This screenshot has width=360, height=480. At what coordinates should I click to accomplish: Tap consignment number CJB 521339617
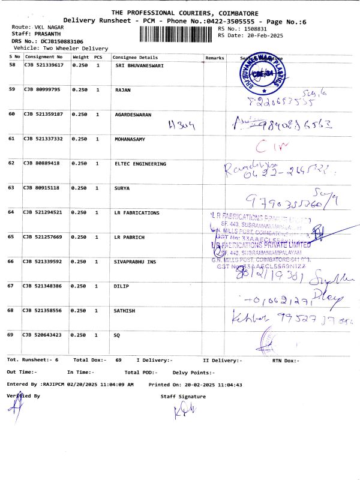point(43,65)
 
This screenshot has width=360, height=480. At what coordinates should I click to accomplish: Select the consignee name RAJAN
point(123,89)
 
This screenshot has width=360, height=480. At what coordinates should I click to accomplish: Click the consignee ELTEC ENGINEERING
point(140,163)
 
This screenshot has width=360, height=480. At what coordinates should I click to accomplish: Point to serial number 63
point(12,188)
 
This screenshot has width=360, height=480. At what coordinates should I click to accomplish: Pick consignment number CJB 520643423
point(43,335)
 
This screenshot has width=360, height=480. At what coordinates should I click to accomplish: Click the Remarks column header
point(214,57)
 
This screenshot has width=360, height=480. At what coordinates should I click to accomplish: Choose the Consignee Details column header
point(134,57)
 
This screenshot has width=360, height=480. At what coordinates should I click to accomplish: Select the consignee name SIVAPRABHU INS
point(137,262)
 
